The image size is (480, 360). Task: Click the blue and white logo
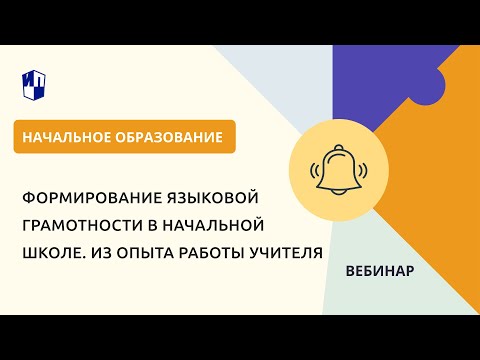[34, 85]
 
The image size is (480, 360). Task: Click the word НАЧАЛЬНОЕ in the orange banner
[66, 137]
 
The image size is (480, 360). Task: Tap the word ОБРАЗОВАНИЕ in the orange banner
[169, 137]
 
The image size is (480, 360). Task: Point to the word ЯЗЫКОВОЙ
[211, 198]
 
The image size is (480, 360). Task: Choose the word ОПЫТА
[148, 253]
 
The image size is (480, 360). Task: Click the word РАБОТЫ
[212, 253]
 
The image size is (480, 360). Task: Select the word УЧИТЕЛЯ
[286, 253]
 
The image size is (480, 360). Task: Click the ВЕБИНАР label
[380, 271]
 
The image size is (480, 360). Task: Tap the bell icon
[339, 170]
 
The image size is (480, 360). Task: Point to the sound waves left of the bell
[315, 170]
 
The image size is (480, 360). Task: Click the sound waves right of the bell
[363, 170]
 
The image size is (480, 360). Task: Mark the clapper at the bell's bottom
[339, 193]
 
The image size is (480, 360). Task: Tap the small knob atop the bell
[339, 147]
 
